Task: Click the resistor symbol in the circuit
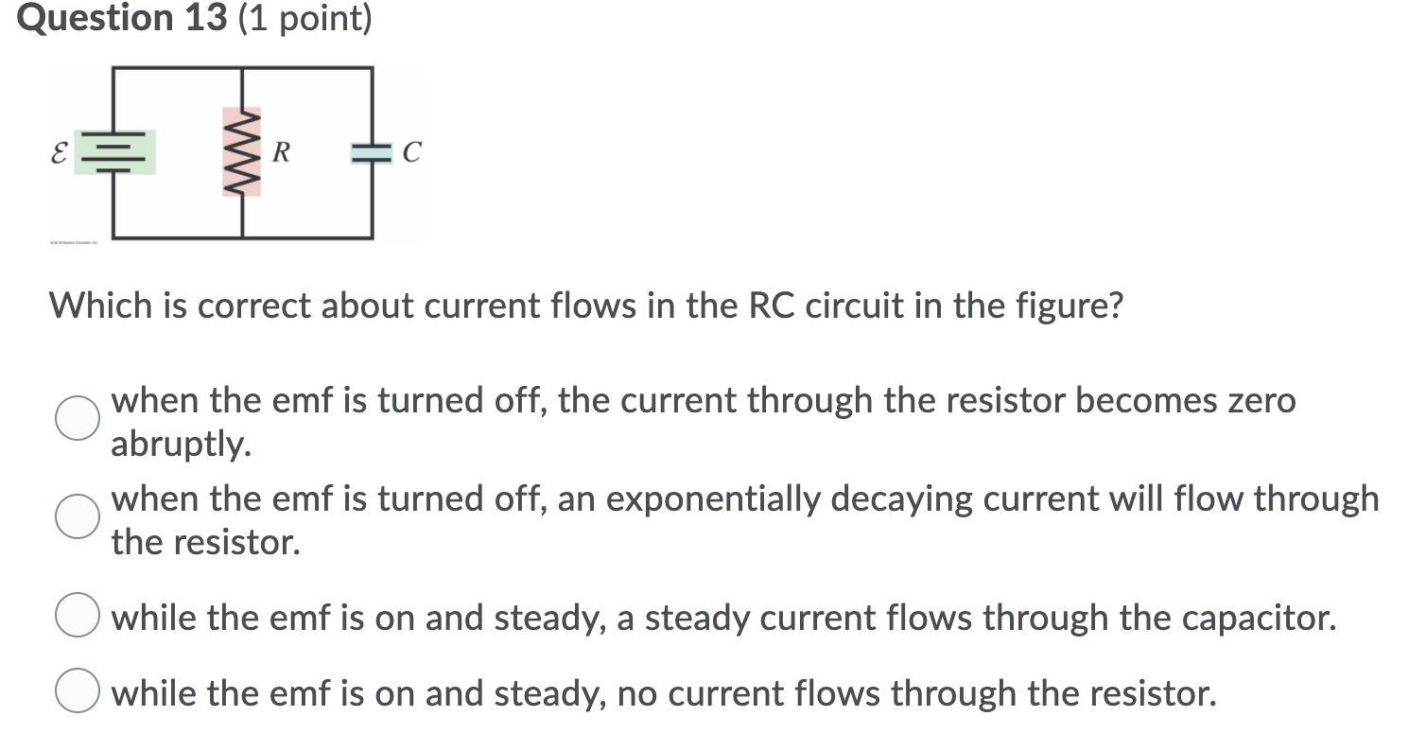242,151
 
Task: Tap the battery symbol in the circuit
115,152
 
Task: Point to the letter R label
280,151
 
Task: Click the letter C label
411,152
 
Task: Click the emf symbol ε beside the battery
59,152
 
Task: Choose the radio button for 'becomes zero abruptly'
77,419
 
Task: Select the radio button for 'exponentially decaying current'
77,516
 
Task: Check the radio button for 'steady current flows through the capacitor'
77,618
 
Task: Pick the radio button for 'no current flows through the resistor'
77,694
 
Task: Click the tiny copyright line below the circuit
79,244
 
